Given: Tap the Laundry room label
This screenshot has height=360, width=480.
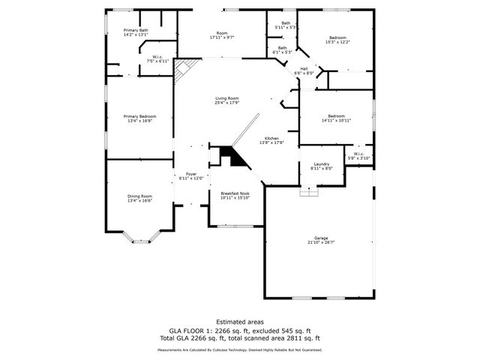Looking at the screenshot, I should pos(321,167).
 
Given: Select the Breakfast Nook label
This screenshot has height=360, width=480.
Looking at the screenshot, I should pos(235,195).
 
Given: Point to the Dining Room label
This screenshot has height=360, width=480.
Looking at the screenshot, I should pos(139,198).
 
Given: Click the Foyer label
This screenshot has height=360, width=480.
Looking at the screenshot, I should pos(191,176).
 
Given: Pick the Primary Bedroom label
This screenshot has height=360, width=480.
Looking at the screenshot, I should pos(139,118).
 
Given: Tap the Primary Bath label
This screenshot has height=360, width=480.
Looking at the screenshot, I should pos(136,32).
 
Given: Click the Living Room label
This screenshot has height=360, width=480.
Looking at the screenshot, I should pos(226,100).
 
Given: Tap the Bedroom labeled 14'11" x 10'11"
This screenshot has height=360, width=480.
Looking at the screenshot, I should pos(335,118).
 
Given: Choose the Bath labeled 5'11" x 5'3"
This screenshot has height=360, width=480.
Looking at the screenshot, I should pos(286,25).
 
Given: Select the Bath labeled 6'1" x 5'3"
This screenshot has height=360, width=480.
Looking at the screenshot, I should pos(282,50).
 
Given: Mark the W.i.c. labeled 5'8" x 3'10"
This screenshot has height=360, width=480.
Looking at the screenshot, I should pos(358,157).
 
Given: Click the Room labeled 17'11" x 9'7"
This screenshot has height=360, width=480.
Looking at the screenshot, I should pos(222,34).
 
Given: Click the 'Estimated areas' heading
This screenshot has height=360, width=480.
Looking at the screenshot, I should pos(239,322).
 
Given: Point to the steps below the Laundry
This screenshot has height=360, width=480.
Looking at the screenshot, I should pos(309,192).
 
